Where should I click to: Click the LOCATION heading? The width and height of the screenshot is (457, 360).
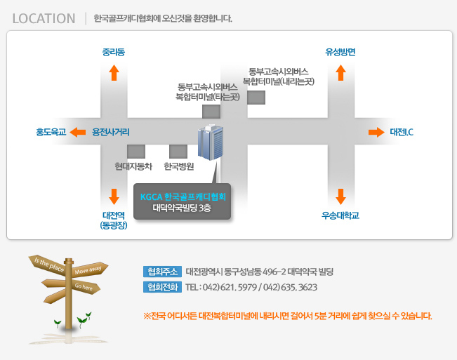coord(44,19)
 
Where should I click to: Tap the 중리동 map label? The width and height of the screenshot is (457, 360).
coord(114,52)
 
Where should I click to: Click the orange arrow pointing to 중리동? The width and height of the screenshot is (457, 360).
coord(114,72)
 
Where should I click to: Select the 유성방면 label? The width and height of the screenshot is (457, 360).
coord(340,52)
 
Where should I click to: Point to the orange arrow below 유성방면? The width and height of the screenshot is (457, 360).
coord(340,72)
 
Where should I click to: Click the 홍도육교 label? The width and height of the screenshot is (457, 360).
coord(51,132)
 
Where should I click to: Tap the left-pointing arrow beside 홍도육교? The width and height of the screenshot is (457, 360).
coord(78,132)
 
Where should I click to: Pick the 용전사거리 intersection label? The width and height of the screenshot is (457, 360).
coord(111,132)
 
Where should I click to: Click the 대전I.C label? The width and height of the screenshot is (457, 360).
coord(402,132)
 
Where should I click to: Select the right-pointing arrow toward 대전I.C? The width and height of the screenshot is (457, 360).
coord(376,132)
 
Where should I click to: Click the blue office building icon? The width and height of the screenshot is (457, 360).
coord(211,142)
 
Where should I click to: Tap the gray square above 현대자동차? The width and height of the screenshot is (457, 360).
coord(136,152)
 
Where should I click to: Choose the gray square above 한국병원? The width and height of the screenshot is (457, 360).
coord(178,152)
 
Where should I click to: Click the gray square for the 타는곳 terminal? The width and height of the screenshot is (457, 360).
coord(211,112)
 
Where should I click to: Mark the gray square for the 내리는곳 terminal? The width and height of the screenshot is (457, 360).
coord(256,98)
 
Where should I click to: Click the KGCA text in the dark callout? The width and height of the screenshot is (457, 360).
coord(151,197)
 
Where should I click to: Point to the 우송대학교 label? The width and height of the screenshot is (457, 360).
coord(340,215)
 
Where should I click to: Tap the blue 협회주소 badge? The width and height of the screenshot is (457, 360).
coord(162,272)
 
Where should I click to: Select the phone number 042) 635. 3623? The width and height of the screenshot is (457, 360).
coord(290,288)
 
